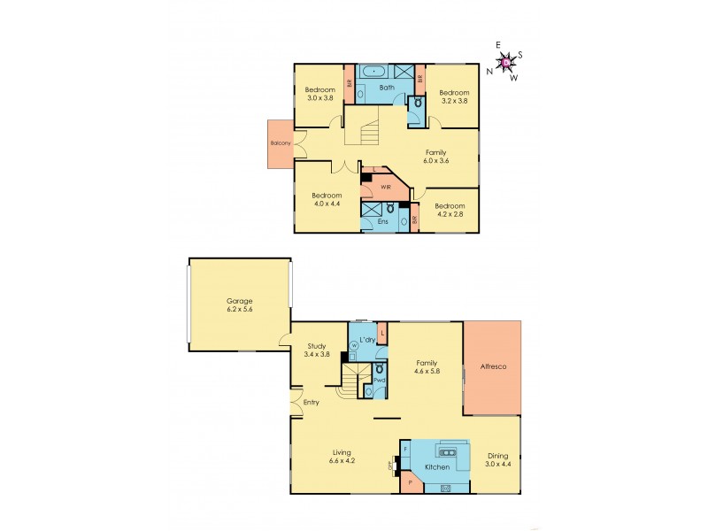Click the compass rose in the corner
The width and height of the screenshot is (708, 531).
coord(505,61)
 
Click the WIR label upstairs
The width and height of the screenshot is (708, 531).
coord(387,188)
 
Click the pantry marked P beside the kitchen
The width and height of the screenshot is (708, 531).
coord(411,482)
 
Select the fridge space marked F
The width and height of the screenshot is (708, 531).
coord(406,450)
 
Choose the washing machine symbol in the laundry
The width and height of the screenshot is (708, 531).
coord(354,345)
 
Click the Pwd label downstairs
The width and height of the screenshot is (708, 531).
coord(378,380)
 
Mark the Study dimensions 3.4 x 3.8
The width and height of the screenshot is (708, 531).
coord(317,355)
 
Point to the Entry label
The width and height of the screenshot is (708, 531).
coord(312,403)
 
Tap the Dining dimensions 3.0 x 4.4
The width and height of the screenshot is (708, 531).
coord(498,464)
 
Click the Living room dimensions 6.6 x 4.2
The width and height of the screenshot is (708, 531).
coord(341,459)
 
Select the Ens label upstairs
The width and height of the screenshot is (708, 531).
coord(383,220)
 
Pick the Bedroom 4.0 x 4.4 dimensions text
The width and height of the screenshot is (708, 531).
coord(327,204)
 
